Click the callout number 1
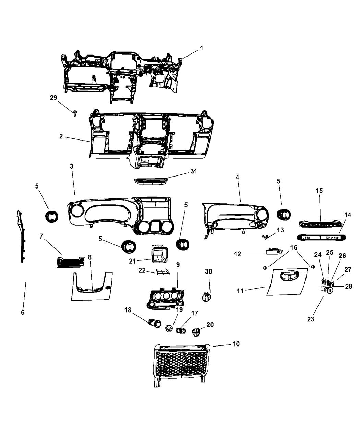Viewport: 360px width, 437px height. [x=202, y=48]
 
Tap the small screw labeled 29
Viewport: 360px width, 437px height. [x=75, y=112]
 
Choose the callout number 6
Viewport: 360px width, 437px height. [x=23, y=312]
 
